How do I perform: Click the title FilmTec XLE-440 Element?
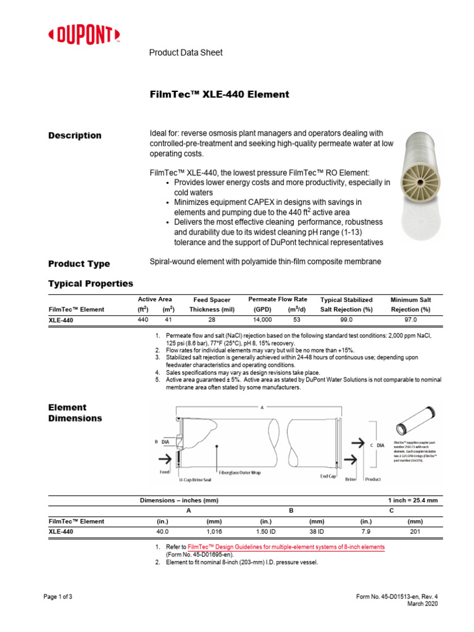(x=219, y=94)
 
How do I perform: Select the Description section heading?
(x=75, y=135)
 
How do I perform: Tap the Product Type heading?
(x=79, y=264)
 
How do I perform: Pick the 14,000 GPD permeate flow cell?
(x=262, y=320)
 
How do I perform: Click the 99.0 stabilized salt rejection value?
(x=346, y=320)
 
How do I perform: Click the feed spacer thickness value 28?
(x=212, y=320)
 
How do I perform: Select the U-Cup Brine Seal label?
(x=199, y=479)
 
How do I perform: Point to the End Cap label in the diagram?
(x=328, y=476)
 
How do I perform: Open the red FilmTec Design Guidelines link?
(x=286, y=547)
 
